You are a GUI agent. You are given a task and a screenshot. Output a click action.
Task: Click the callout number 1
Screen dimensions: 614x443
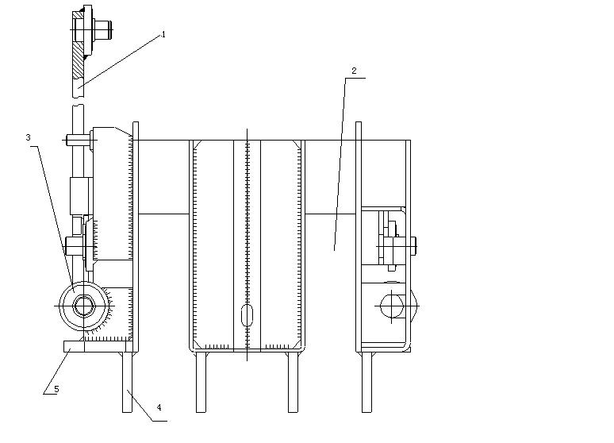point(163,34)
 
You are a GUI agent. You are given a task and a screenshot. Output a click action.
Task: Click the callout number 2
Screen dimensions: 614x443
point(354,71)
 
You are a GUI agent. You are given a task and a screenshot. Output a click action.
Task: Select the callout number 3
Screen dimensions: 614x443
point(28,137)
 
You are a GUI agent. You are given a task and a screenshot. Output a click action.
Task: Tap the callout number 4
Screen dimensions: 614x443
point(159,408)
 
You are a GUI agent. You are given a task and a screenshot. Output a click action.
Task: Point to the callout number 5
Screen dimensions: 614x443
point(56,389)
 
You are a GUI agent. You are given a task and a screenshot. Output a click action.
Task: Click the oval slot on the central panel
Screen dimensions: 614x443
point(247,316)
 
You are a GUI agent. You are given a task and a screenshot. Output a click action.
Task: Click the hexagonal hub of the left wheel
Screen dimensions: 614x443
point(83,306)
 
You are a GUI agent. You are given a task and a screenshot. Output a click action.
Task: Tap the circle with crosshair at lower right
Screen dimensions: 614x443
point(392,306)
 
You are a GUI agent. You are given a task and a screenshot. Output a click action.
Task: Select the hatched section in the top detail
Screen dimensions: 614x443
point(79,55)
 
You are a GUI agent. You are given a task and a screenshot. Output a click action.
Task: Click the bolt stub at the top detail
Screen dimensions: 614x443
point(103,30)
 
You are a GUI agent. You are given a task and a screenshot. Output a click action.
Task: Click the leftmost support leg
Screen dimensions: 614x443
point(127,382)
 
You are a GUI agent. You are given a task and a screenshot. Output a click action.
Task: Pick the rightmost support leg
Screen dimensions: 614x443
point(366,382)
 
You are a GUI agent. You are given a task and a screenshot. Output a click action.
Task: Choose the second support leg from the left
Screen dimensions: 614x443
point(201,382)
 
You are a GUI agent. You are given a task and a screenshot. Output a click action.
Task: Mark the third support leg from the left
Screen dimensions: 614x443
point(293,382)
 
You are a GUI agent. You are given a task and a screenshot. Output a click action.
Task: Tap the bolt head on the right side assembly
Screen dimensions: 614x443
point(413,246)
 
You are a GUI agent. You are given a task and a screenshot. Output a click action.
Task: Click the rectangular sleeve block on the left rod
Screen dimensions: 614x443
point(82,196)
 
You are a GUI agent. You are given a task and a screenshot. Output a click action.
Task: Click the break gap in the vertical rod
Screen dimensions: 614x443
point(78,101)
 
